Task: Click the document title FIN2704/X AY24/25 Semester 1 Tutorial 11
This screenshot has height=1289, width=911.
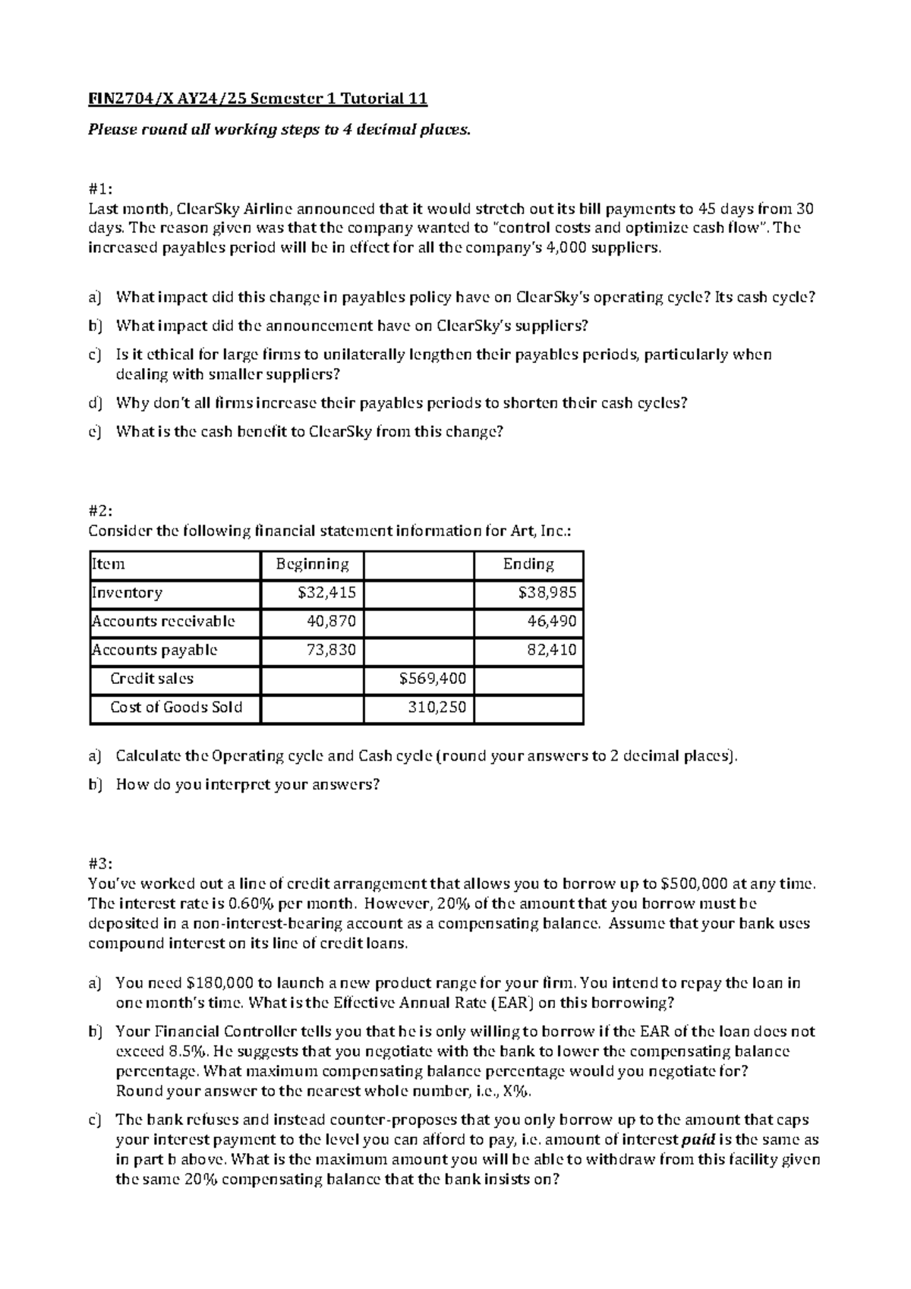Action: [x=258, y=99]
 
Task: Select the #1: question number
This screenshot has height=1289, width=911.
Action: [x=99, y=189]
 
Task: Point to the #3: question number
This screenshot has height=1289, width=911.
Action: [x=99, y=864]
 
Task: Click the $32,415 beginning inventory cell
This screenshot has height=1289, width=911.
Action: [x=327, y=593]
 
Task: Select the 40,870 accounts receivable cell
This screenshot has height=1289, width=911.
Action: [x=331, y=622]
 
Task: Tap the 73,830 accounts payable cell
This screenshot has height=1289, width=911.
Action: [x=331, y=651]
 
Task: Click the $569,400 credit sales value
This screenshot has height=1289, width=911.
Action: [x=433, y=679]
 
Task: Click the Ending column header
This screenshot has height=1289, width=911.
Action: [x=528, y=565]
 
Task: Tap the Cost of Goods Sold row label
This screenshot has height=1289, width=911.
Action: [x=176, y=708]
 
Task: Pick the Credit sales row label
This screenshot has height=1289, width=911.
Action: [x=152, y=679]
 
